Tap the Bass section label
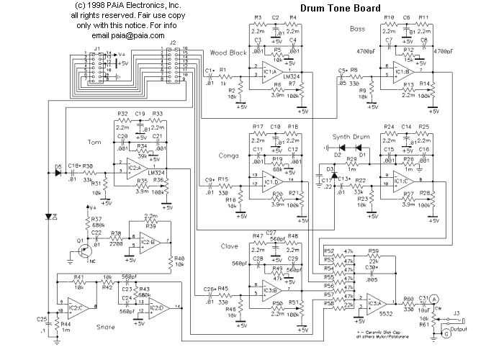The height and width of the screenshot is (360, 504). tap(358, 30)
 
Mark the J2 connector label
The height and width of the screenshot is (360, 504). tap(172, 42)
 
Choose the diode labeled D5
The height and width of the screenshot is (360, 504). tap(58, 173)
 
